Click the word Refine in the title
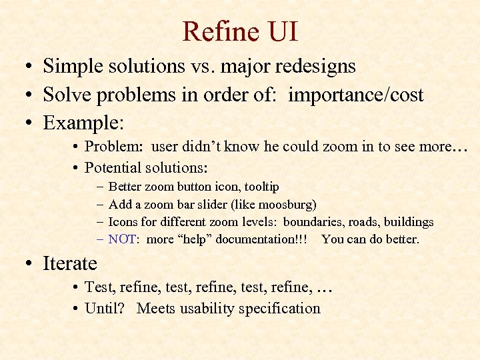click(x=215, y=31)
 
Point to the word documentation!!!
click(x=265, y=239)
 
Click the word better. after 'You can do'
click(x=401, y=239)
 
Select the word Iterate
click(x=70, y=263)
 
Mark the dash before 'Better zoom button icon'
click(x=99, y=187)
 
